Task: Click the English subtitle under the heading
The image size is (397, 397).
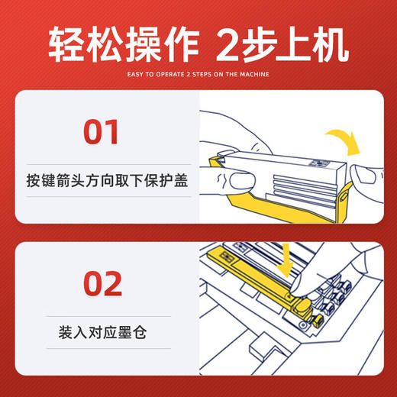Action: tap(198, 74)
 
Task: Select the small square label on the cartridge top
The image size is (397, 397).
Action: tap(318, 163)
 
